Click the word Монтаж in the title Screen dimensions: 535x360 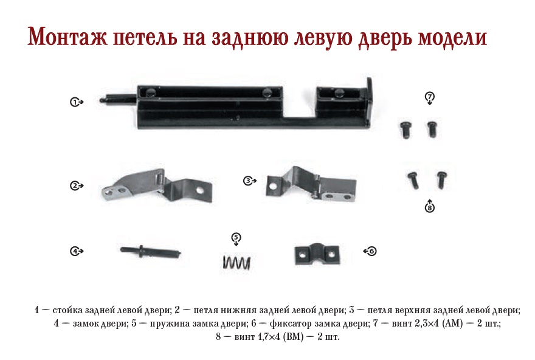click(x=67, y=36)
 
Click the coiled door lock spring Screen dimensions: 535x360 click(x=236, y=263)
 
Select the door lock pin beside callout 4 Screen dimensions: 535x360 click(x=151, y=252)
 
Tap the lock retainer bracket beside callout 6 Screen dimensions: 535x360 click(x=317, y=255)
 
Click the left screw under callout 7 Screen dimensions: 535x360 click(x=406, y=130)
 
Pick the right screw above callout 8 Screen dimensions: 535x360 click(x=441, y=179)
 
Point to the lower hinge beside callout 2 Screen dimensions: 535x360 click(x=157, y=185)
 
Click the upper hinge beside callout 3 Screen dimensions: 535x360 click(x=311, y=184)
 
